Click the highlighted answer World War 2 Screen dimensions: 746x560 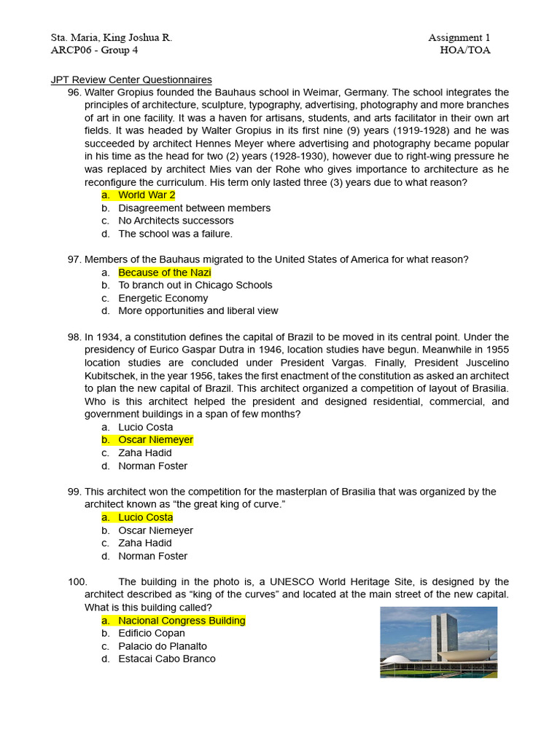tap(147, 195)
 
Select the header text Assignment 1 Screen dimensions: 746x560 tap(459, 38)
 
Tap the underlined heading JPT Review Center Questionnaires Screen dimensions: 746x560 tap(131, 79)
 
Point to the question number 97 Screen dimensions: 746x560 tap(74, 259)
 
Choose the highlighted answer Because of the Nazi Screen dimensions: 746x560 tap(165, 272)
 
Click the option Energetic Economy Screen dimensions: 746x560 tap(163, 298)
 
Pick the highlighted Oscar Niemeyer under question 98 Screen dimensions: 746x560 tap(155, 440)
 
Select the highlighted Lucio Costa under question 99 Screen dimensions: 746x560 tap(146, 517)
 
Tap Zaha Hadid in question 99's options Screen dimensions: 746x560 tap(145, 543)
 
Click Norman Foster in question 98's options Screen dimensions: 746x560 tap(152, 466)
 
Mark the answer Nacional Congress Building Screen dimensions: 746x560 tap(182, 621)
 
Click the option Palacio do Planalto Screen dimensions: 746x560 tap(163, 646)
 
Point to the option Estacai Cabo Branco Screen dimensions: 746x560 tap(167, 659)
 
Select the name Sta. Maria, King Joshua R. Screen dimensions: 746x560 tap(111, 38)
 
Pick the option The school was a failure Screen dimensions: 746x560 tap(175, 234)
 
